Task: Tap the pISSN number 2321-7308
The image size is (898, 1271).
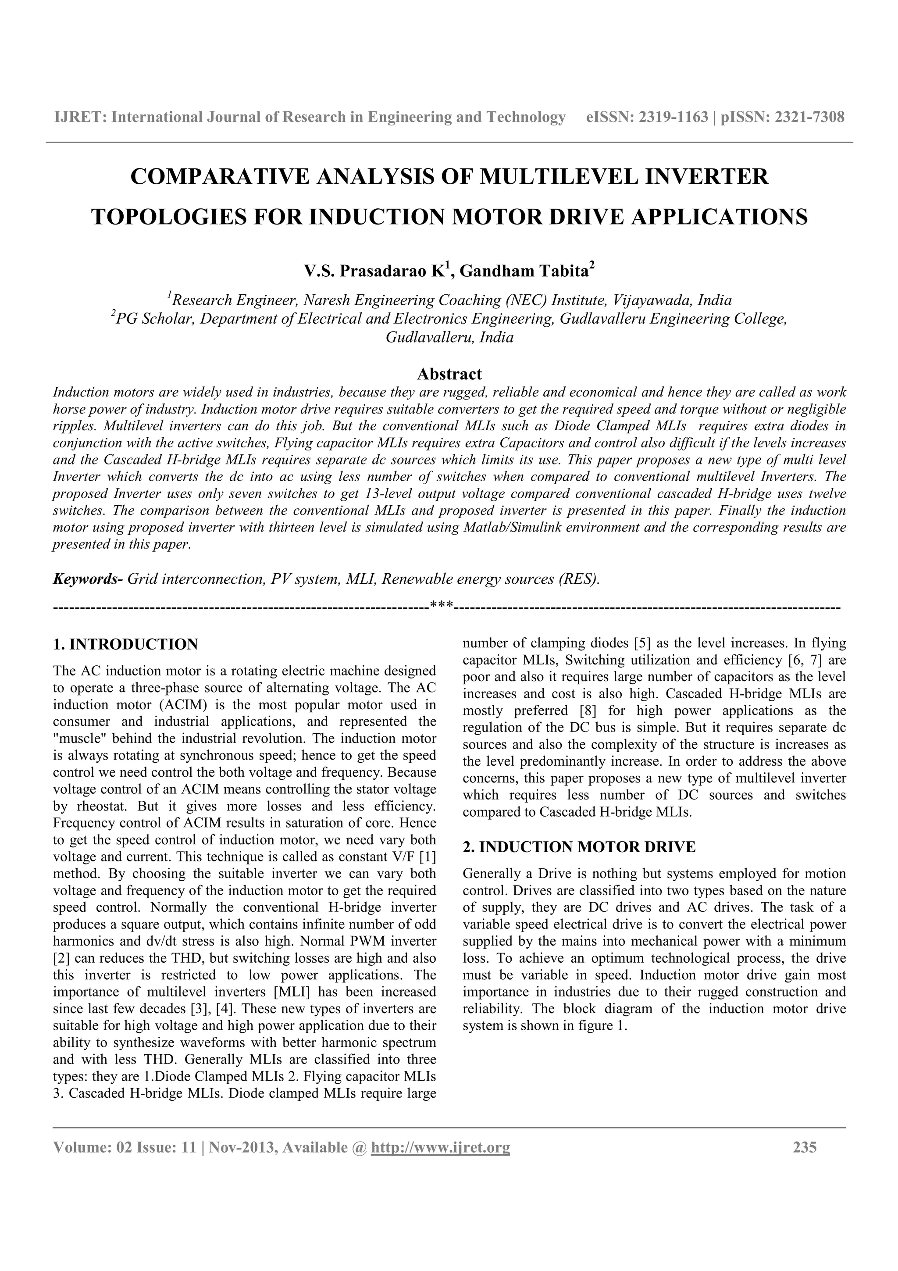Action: (809, 118)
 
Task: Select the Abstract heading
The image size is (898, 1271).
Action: (449, 374)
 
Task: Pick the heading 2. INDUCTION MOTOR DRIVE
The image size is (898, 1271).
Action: (579, 847)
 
